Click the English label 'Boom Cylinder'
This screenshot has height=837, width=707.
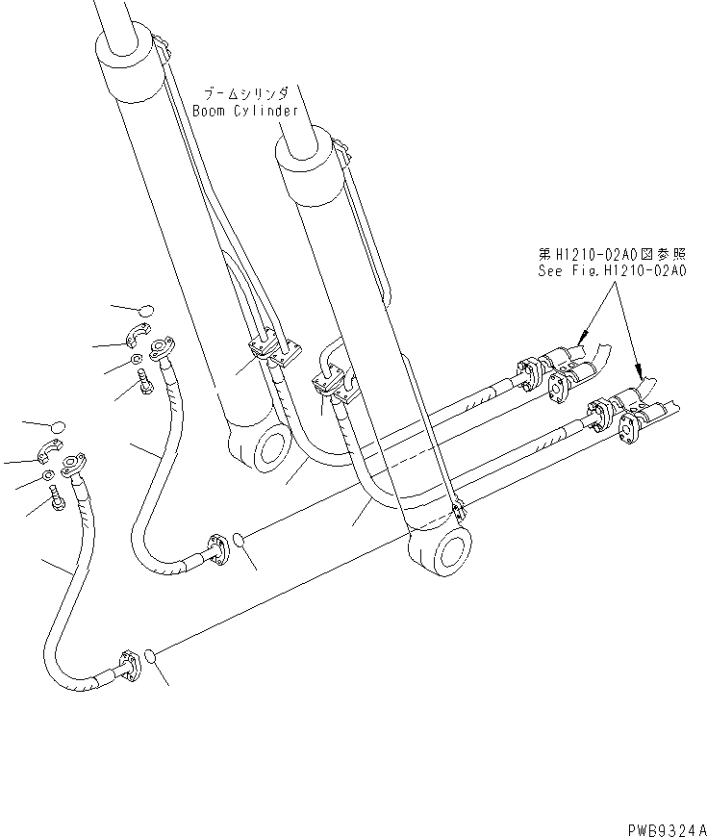pyautogui.click(x=245, y=111)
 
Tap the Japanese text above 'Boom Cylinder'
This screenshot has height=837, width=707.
pyautogui.click(x=245, y=94)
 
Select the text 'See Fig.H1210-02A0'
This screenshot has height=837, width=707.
pyautogui.click(x=612, y=271)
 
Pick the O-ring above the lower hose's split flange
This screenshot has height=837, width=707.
pyautogui.click(x=58, y=426)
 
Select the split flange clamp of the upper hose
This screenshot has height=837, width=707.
pyautogui.click(x=138, y=336)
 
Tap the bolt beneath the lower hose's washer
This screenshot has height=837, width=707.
pyautogui.click(x=57, y=497)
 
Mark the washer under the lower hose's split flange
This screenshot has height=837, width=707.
pyautogui.click(x=48, y=476)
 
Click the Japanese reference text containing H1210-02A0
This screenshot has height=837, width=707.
pyautogui.click(x=612, y=255)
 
